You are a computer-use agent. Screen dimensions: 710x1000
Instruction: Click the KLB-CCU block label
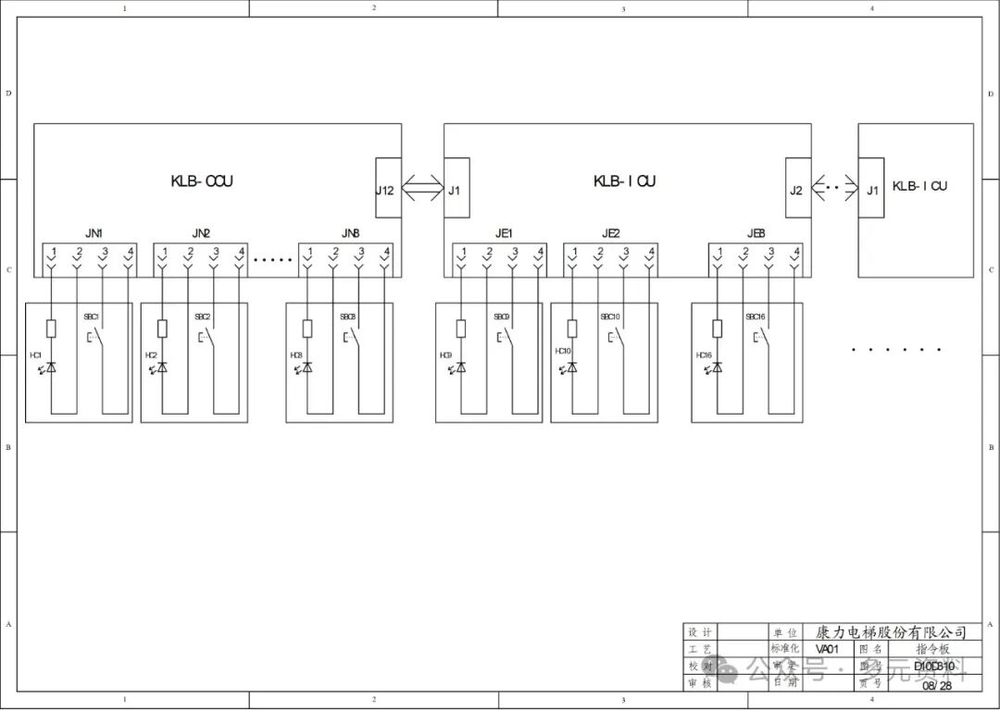click(202, 181)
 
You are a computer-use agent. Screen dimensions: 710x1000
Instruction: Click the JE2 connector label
click(611, 233)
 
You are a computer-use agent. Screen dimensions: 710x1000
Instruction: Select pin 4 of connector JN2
click(240, 252)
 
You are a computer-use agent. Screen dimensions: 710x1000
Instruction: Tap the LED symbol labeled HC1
click(51, 367)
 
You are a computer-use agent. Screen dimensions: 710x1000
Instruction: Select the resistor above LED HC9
click(460, 328)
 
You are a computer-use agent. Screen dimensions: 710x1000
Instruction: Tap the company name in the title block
click(891, 632)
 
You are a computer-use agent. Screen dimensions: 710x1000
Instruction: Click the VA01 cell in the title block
click(827, 649)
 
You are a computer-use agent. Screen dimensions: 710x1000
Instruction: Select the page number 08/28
click(936, 685)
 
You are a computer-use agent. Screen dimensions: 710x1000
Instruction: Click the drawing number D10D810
click(933, 666)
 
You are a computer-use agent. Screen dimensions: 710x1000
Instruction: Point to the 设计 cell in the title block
click(700, 632)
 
